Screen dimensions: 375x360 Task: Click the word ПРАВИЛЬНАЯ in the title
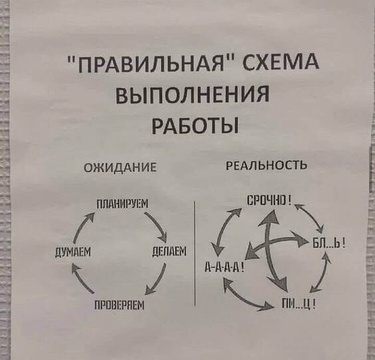pos(150,64)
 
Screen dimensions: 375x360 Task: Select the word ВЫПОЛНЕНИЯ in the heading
pos(193,96)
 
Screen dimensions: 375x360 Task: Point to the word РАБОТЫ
pos(195,126)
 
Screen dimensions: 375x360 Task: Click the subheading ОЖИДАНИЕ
pos(120,167)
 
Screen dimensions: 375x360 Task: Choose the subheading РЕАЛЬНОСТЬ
pos(267,165)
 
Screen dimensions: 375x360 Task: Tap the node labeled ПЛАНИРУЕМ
pos(122,205)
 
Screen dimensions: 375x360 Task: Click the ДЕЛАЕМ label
pos(170,252)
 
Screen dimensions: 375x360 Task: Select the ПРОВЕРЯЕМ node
pos(120,305)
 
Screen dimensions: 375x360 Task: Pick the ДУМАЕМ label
pos(73,252)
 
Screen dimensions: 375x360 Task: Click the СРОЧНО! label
pos(269,200)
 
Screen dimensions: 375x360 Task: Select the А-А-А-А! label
pos(224,266)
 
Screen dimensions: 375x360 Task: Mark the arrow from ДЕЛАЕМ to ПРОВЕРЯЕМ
pos(157,279)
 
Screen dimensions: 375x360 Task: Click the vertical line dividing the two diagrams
pos(195,253)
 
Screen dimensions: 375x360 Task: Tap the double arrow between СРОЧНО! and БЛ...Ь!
pos(311,216)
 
